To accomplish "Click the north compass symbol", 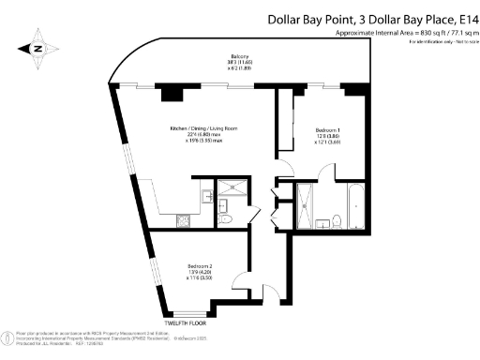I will [x=37, y=46].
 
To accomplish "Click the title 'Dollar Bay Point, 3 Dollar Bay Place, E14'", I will [x=373, y=19].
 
